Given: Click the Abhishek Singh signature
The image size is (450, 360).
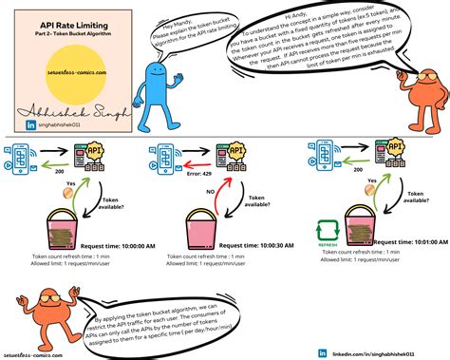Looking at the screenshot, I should pyautogui.click(x=66, y=107).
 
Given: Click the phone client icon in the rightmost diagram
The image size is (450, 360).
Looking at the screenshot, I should pyautogui.click(x=316, y=156).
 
